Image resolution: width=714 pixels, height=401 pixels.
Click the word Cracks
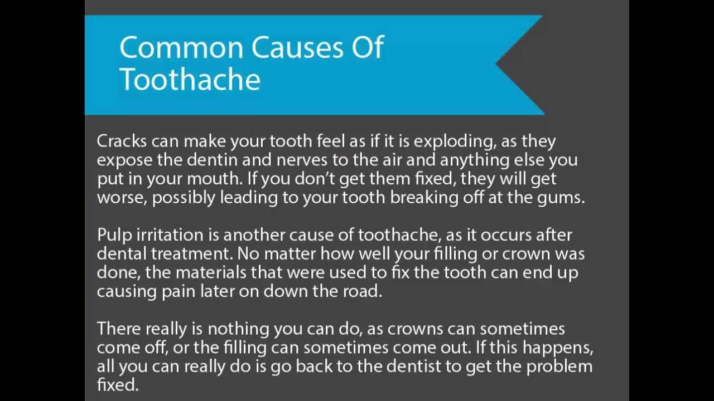[119, 141]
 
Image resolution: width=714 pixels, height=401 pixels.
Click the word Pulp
[110, 235]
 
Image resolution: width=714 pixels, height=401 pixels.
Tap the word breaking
[424, 198]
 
